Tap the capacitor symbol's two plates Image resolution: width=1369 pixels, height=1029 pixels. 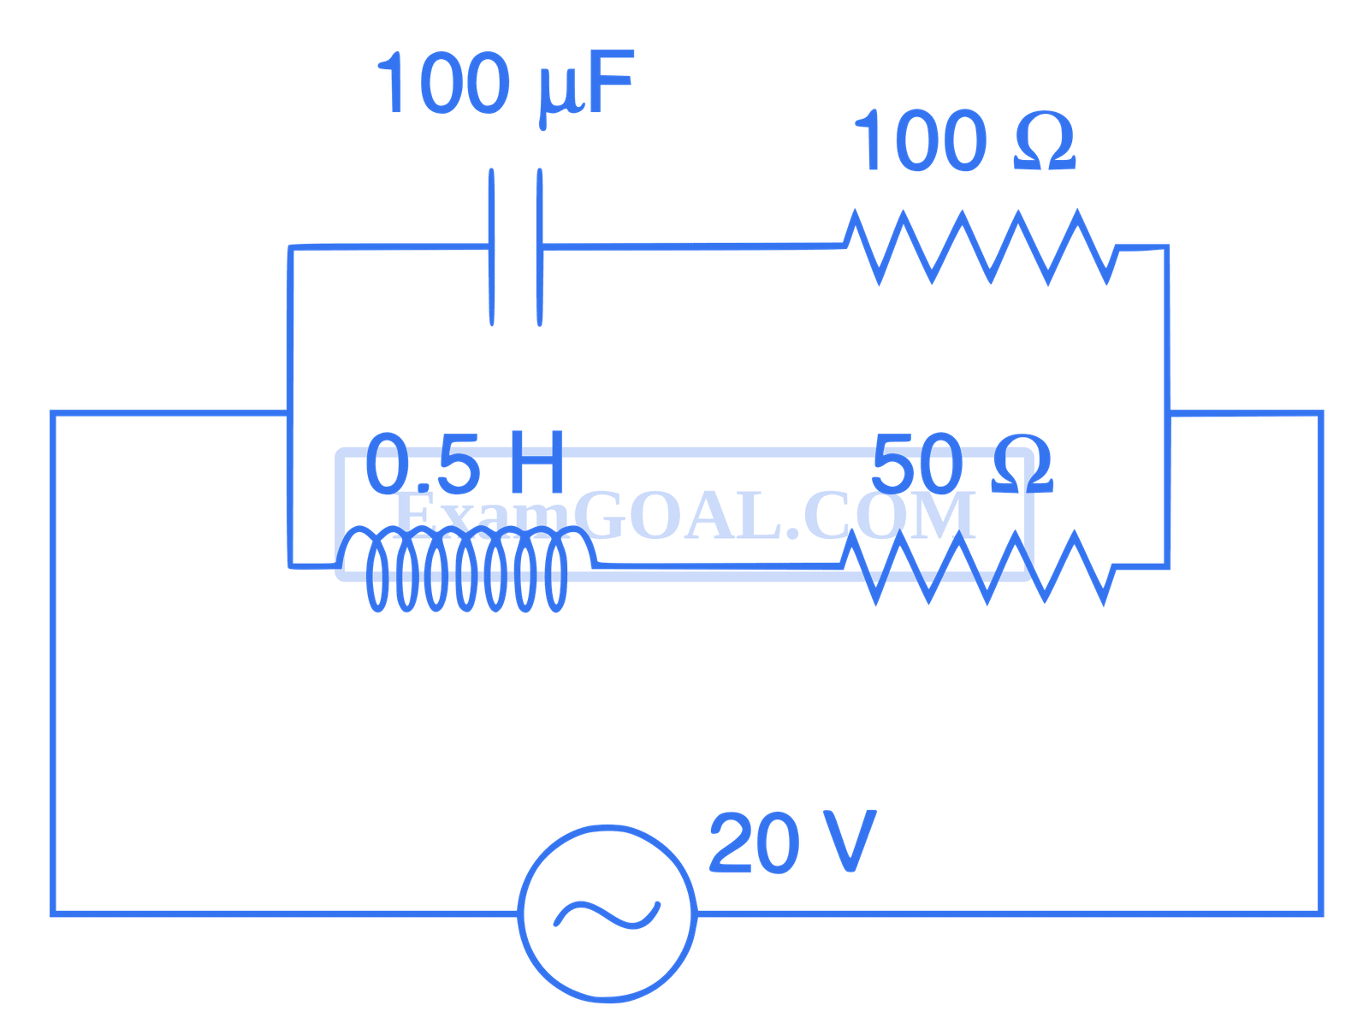[x=516, y=247]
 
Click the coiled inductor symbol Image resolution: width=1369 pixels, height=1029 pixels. [x=466, y=569]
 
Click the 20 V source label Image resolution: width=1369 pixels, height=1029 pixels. [x=791, y=843]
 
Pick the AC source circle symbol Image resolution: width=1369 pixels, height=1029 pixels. [x=607, y=914]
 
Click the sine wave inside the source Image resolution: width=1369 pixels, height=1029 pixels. [x=607, y=914]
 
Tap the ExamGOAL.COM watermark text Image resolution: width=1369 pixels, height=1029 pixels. [x=684, y=517]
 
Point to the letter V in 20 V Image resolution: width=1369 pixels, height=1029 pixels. [x=843, y=843]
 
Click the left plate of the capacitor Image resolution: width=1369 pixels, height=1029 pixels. [x=492, y=247]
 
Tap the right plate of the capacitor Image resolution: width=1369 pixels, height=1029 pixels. [x=539, y=247]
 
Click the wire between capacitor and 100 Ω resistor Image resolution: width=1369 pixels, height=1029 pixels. [x=693, y=248]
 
